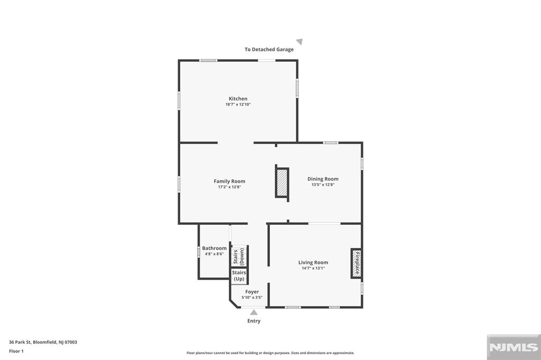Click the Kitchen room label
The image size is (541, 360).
(238, 99)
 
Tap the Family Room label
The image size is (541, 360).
(229, 181)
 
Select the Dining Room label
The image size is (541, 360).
(323, 179)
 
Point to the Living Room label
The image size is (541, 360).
(313, 262)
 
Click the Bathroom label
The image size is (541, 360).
(214, 248)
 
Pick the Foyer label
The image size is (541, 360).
(252, 291)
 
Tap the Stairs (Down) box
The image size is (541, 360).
(239, 257)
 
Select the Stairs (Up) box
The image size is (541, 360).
(239, 276)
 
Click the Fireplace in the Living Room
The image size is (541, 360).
(357, 263)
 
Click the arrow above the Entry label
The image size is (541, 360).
(254, 312)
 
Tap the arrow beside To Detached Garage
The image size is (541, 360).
(300, 42)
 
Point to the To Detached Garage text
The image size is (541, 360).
(269, 50)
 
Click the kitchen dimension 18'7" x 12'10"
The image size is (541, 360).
(238, 105)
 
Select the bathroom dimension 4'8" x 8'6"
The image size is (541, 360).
(214, 254)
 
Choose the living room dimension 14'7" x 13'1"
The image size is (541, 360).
(313, 268)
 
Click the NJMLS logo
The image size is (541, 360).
(512, 347)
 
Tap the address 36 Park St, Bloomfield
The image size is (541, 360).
(43, 342)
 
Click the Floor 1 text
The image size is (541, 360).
(16, 350)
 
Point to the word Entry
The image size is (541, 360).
(254, 321)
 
